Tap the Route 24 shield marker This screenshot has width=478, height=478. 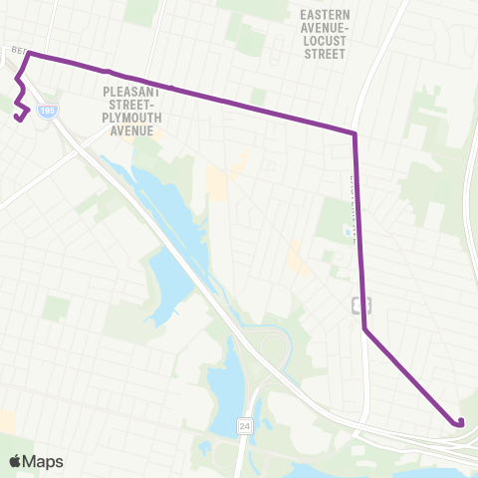point(244,425)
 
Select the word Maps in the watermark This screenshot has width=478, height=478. point(46,461)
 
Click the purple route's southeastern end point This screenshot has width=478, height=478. point(461,423)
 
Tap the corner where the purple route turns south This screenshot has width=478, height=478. point(355,132)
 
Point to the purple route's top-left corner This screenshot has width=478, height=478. point(29,53)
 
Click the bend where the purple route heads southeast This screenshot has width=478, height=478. point(364,329)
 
